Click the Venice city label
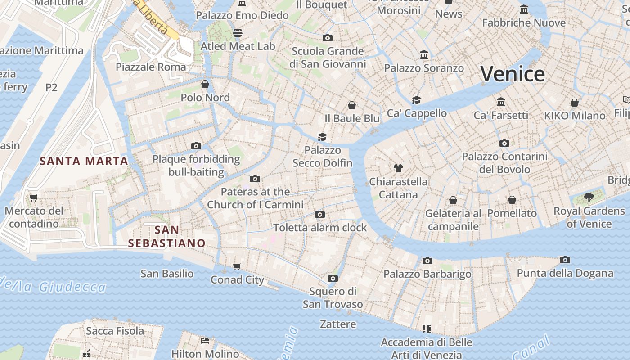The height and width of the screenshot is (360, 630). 513,74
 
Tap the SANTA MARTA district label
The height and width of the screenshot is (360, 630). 84,161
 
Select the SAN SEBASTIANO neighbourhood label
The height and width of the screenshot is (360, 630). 167,237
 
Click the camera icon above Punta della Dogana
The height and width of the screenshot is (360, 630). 565,260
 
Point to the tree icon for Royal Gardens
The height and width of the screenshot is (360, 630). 589,197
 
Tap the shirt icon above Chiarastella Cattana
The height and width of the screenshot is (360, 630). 398,168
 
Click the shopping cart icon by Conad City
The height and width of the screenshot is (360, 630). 237,266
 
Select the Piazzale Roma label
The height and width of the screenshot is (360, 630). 151,67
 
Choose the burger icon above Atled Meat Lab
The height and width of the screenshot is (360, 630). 238,33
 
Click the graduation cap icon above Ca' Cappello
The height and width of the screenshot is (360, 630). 417,100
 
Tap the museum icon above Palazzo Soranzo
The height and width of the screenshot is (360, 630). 424,55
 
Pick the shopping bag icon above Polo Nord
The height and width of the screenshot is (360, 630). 205,84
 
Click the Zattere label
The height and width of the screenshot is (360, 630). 338,324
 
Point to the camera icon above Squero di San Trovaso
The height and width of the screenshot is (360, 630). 333,278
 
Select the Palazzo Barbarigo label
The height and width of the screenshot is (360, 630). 427,274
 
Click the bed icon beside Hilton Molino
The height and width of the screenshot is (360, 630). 205,341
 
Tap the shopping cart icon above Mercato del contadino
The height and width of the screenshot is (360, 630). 34,198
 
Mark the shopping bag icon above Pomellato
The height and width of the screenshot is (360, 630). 512,200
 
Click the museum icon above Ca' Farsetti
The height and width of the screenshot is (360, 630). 501,102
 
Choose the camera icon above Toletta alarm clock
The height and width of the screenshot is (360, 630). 320,214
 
